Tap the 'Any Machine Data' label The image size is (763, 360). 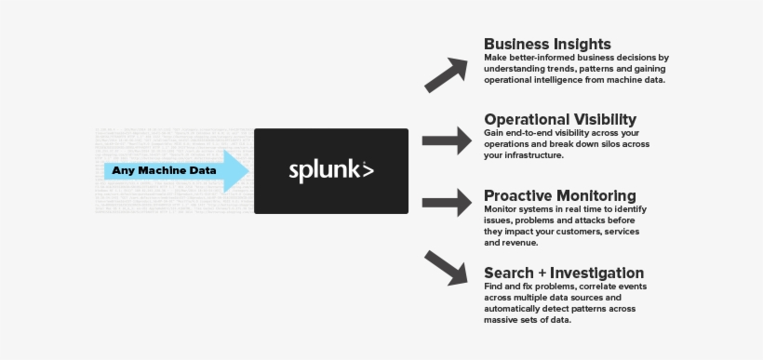(164, 170)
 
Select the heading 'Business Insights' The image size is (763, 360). (547, 44)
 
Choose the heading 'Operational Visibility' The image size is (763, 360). (560, 119)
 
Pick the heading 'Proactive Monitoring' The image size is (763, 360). (559, 195)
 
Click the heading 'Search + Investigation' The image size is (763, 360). (564, 273)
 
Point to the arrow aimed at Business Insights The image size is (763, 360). (446, 74)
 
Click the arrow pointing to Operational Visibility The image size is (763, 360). (447, 140)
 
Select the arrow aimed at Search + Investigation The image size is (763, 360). (446, 267)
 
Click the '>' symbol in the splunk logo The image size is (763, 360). (368, 171)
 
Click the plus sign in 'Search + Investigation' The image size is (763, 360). (540, 273)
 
